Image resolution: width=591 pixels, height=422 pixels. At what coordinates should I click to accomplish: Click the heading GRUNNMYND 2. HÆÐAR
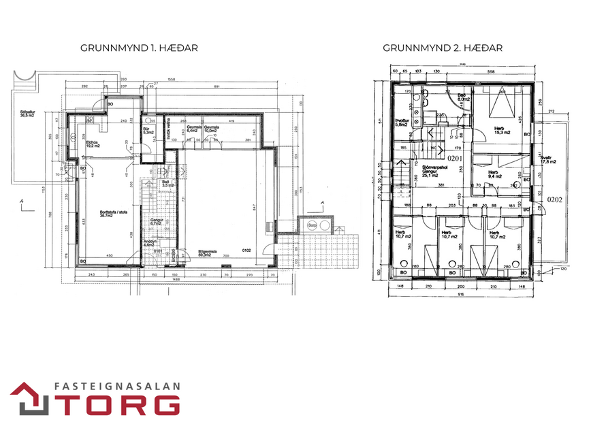[443, 48]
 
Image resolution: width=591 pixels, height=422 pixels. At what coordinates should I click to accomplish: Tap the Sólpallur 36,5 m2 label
[27, 114]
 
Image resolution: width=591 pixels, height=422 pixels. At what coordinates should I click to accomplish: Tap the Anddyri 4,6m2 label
[150, 244]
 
